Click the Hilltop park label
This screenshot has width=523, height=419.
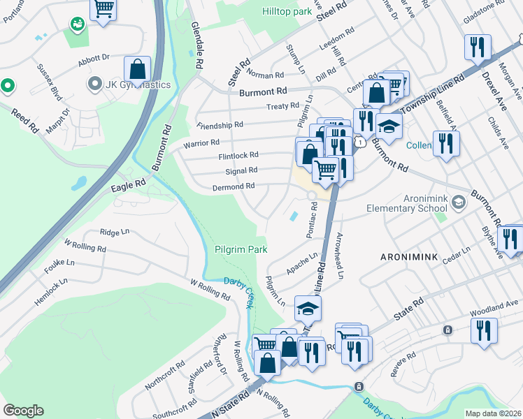(286, 12)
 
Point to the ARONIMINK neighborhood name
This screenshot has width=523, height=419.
(409, 257)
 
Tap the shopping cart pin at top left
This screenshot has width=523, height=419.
(103, 10)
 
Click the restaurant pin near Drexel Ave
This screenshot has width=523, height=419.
(477, 48)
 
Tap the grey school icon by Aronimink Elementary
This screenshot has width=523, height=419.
(458, 203)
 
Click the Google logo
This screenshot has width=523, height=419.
(23, 410)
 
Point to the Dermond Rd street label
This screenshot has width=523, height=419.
(234, 186)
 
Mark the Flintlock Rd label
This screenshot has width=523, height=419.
(238, 155)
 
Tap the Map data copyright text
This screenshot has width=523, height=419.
(493, 413)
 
